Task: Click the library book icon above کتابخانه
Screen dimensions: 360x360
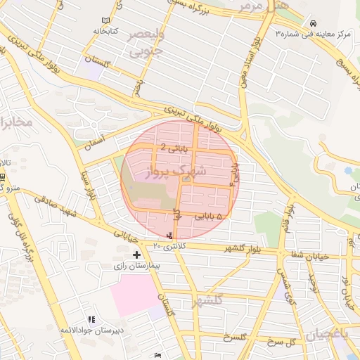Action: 106,21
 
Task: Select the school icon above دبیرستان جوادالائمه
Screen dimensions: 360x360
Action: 91,320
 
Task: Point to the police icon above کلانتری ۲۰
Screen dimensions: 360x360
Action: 169,236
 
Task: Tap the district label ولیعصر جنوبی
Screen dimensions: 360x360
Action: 146,42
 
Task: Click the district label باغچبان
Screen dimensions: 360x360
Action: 330,333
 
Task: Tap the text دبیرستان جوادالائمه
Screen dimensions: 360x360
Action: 91,330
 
